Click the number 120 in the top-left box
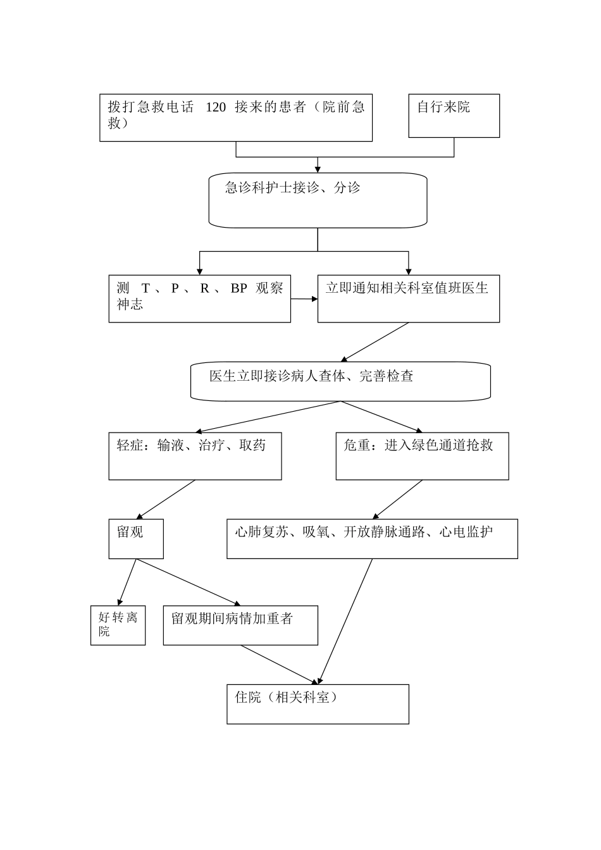216,108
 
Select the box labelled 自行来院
454,116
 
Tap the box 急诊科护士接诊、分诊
318,200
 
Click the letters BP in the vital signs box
239,288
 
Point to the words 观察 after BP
270,288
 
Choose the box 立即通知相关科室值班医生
408,299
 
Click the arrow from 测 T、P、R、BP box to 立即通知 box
304,299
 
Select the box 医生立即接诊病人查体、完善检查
340,381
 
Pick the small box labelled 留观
136,539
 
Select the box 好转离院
118,624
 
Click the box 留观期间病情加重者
240,625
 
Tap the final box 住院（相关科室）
318,704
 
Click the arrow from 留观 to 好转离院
127,581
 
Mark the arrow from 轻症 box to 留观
166,500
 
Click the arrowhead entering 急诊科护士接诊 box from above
318,169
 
